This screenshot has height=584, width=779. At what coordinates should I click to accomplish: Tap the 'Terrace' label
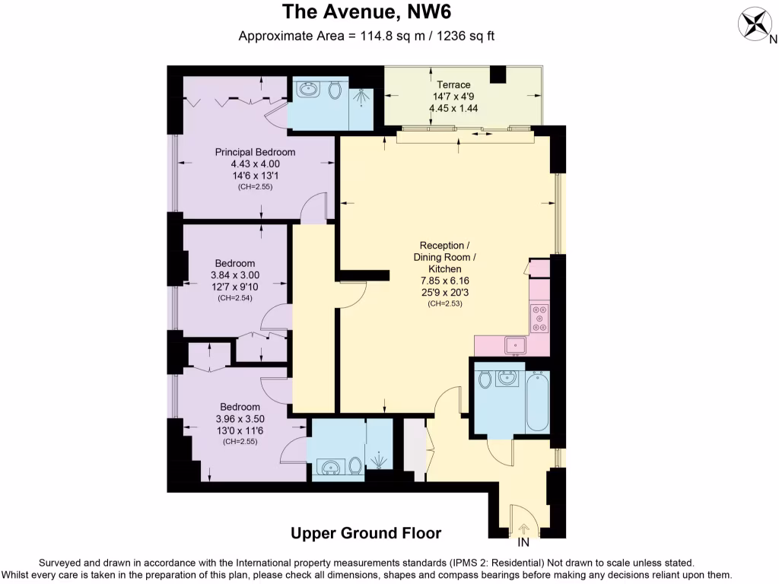pos(453,84)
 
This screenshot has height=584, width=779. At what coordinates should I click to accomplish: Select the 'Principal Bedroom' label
pos(256,152)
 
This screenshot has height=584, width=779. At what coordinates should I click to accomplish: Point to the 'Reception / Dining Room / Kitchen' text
pos(445,257)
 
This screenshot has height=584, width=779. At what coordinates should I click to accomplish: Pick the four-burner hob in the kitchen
pos(539,318)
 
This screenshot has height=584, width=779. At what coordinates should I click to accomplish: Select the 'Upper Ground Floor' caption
pos(366,534)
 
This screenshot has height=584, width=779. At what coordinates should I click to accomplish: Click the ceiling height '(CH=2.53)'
pos(445,303)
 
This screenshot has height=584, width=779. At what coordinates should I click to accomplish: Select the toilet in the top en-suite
pos(335,90)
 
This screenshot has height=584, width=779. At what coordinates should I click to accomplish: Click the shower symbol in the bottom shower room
pos(378,459)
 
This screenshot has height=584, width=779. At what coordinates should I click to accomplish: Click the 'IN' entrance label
pos(523,543)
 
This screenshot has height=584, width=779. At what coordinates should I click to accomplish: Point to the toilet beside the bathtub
pos(485,378)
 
